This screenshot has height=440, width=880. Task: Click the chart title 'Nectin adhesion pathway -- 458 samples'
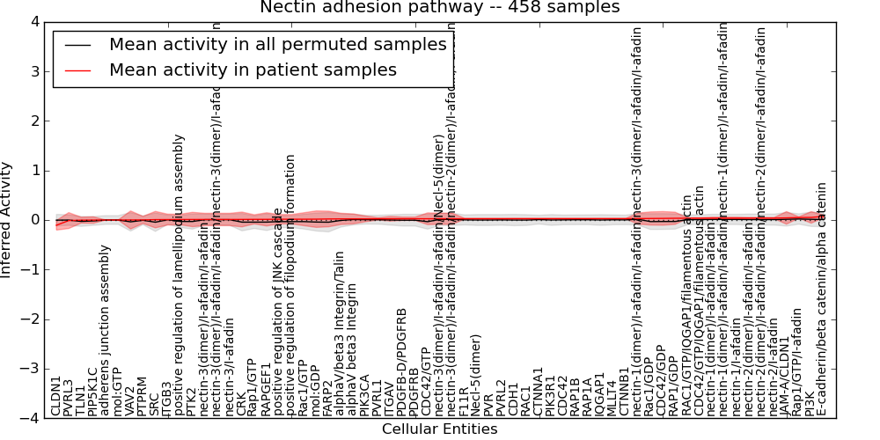point(439,7)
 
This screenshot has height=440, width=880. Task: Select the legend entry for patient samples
point(253,70)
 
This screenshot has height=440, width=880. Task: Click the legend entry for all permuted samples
point(277,45)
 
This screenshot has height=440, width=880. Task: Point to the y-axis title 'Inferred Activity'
point(7,220)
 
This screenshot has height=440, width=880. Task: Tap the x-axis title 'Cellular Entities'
point(439,429)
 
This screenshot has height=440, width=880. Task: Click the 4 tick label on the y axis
point(33,22)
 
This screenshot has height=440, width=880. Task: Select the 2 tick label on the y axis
point(33,121)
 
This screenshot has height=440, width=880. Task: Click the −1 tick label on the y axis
point(29,270)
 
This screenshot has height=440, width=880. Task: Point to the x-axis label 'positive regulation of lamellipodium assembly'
point(180,275)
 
